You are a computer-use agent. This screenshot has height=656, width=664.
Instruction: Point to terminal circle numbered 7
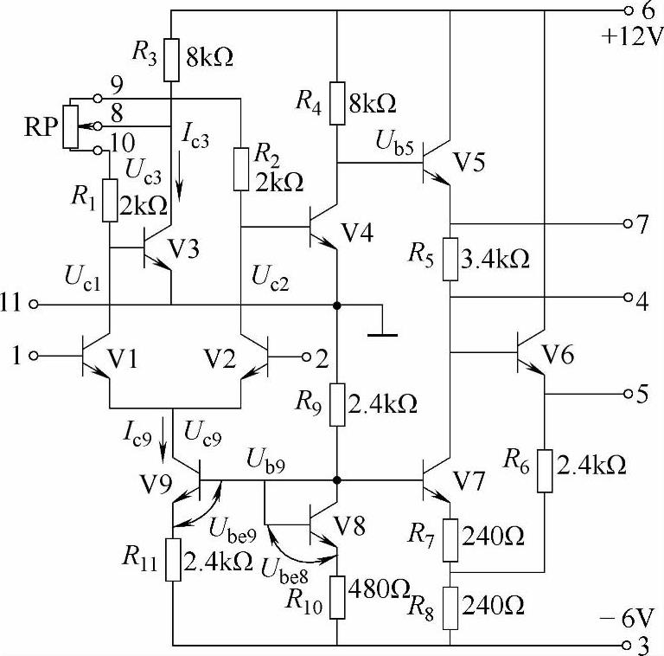pyautogui.click(x=629, y=223)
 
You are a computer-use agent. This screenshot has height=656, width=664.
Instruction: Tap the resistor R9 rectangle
pyautogui.click(x=336, y=402)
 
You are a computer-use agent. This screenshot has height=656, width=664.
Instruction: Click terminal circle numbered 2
pyautogui.click(x=305, y=356)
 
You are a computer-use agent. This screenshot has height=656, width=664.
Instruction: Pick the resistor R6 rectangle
pyautogui.click(x=545, y=470)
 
